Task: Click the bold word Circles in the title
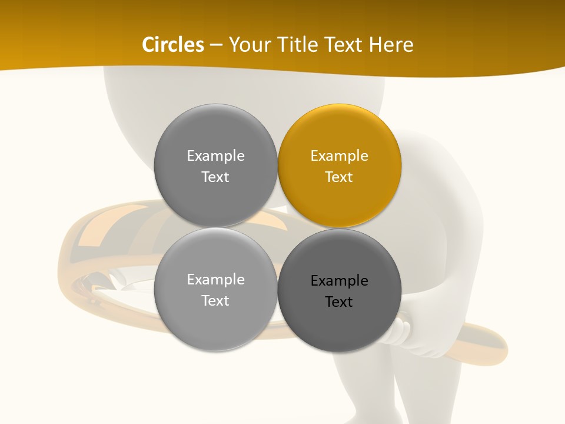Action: coord(173,45)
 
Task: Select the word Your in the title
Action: coord(247,45)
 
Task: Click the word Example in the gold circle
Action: coord(339,156)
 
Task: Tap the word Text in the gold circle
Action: coord(339,177)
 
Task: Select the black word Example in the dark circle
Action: coord(339,281)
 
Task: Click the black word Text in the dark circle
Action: coord(339,302)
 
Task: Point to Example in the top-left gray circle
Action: coord(215,156)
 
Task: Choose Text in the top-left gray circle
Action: coord(215,177)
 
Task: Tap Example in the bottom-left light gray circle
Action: coord(215,280)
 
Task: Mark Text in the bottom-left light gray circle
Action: coord(215,300)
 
